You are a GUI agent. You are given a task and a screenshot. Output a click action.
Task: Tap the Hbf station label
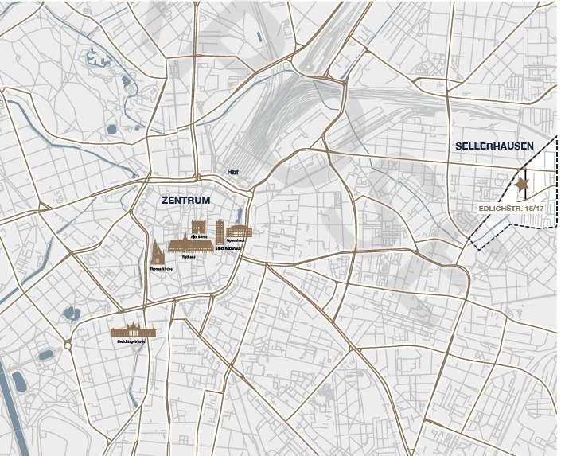(232, 172)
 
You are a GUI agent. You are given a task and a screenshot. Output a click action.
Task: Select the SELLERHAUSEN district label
(494, 146)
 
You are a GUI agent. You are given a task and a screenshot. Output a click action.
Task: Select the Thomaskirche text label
(160, 270)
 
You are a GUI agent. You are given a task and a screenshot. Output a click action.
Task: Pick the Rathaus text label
(188, 258)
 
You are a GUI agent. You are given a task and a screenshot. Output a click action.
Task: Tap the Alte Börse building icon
(198, 227)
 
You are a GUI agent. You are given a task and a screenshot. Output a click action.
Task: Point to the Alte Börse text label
(199, 237)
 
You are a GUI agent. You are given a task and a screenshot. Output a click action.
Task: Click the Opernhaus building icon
(239, 231)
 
